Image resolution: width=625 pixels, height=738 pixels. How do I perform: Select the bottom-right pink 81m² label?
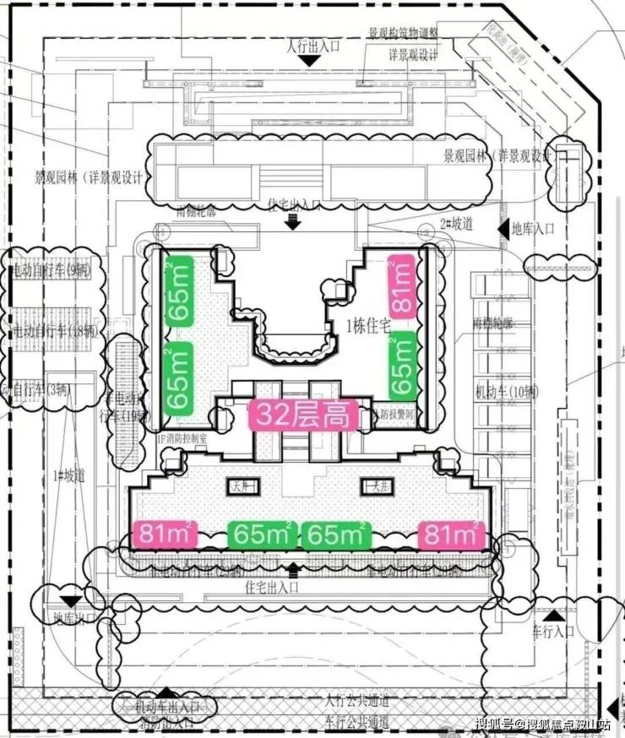point(452,535)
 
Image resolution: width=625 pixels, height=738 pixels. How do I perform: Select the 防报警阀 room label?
point(396,415)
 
